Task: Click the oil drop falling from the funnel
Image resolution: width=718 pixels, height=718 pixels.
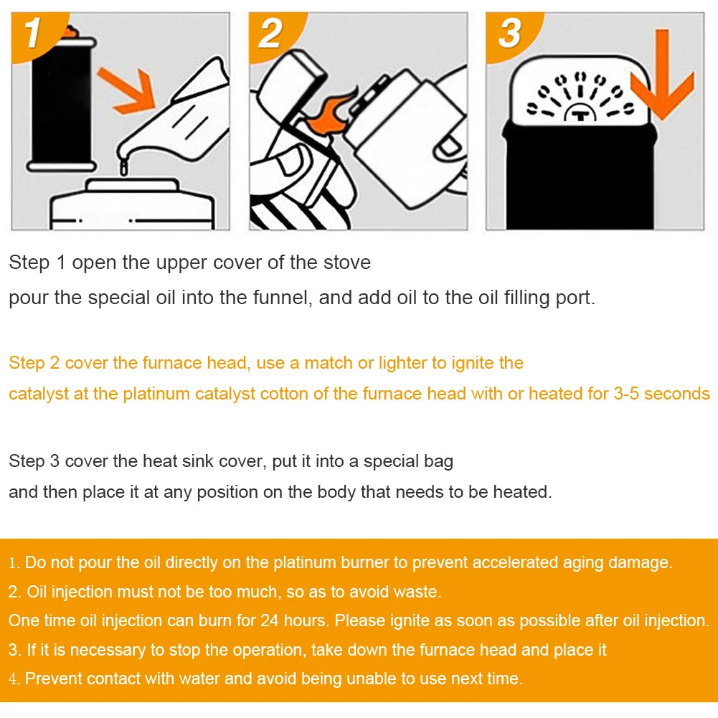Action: click(124, 168)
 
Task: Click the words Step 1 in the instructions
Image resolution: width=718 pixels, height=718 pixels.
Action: click(37, 263)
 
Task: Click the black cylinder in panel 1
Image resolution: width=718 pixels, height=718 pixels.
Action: click(61, 100)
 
